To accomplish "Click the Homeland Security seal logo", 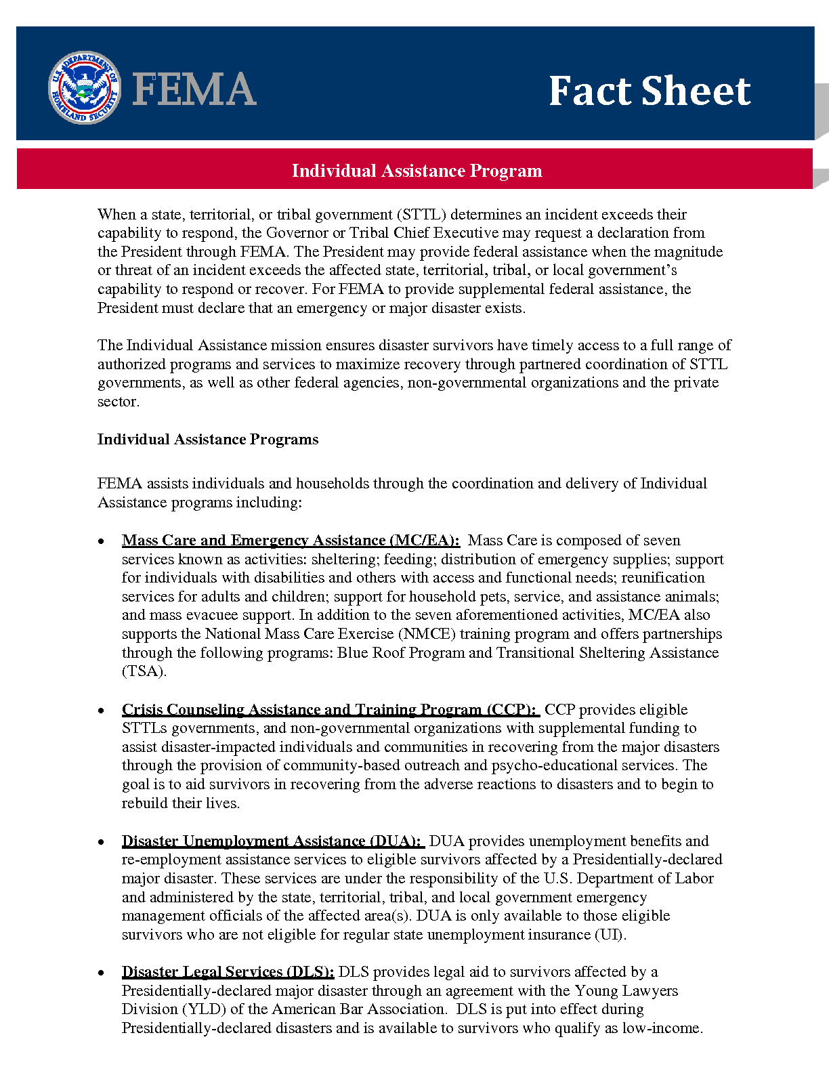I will pyautogui.click(x=85, y=88).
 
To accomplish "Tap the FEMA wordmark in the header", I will pyautogui.click(x=194, y=89).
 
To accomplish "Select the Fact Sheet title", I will pyautogui.click(x=649, y=91).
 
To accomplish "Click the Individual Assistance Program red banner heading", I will pyautogui.click(x=417, y=171).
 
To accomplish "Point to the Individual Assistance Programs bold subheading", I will pyautogui.click(x=208, y=440).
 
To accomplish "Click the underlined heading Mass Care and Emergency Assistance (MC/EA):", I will pyautogui.click(x=291, y=541).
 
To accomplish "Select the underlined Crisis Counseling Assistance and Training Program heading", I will pyautogui.click(x=331, y=710).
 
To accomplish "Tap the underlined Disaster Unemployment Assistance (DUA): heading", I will pyautogui.click(x=272, y=841).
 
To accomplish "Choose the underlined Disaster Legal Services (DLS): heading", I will pyautogui.click(x=228, y=972).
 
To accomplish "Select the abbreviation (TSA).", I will pyautogui.click(x=144, y=671).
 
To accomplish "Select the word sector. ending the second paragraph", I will pyautogui.click(x=119, y=402).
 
